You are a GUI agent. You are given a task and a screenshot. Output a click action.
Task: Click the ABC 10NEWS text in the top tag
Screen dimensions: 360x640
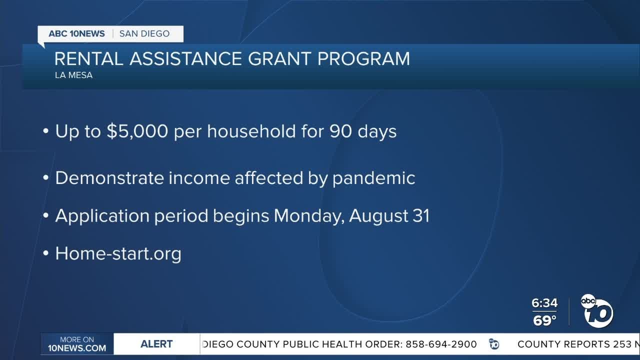(x=76, y=34)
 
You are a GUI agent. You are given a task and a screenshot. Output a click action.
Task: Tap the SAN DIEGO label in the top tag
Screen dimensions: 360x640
(x=144, y=34)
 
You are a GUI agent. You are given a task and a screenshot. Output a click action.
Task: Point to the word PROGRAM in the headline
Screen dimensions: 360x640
(x=363, y=59)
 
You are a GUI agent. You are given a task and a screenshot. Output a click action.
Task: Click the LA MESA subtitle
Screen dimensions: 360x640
(x=73, y=75)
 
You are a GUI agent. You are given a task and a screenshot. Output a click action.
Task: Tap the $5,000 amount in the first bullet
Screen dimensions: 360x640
(x=136, y=131)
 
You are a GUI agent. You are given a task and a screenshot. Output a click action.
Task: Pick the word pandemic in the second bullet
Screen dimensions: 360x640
(x=374, y=178)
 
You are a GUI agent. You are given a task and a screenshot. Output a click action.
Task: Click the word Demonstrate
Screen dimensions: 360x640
(x=109, y=178)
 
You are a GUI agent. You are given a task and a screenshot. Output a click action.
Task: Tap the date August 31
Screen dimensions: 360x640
(x=389, y=216)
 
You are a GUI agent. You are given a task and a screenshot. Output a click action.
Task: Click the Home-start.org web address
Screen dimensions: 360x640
(x=118, y=253)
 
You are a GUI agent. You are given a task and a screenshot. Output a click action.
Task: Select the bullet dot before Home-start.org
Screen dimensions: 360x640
(x=46, y=254)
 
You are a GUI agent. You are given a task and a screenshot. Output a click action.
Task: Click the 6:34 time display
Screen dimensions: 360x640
(x=544, y=303)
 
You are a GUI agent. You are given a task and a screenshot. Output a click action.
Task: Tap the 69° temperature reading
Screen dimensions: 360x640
(x=544, y=320)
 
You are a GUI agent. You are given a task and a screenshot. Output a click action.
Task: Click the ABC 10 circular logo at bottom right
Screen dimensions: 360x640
(x=597, y=311)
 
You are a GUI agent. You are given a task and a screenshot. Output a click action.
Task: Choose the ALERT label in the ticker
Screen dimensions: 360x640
(x=156, y=344)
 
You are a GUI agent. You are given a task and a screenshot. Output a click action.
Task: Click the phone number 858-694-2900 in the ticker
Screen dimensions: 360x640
(x=440, y=344)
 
